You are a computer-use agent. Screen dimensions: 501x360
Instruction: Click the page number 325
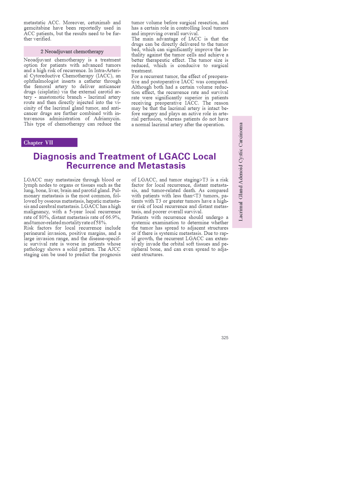[225, 338]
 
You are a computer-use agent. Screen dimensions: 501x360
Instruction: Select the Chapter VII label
[38, 143]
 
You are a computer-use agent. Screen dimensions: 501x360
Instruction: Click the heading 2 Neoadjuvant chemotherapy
[72, 51]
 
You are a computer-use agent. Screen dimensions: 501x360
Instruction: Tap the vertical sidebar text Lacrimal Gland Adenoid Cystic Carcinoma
[241, 172]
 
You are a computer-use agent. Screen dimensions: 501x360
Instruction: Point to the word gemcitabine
[37, 28]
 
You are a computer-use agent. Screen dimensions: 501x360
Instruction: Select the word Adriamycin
[107, 119]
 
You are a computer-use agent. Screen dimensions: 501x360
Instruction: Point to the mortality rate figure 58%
[101, 223]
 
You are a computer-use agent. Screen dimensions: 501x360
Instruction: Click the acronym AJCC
[114, 249]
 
